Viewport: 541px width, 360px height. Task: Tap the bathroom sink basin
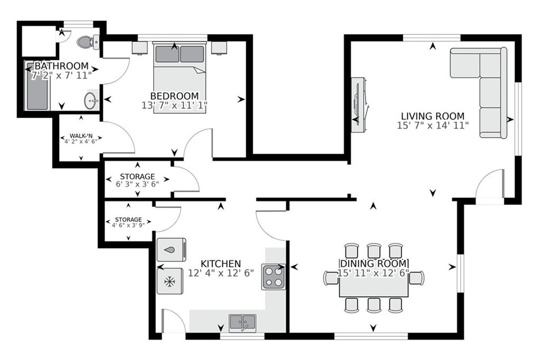[91, 100]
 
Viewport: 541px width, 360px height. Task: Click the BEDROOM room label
[174, 96]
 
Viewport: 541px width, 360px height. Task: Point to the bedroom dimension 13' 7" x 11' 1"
[174, 105]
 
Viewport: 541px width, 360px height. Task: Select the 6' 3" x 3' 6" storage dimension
[137, 185]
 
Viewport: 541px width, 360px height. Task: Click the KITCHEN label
[221, 263]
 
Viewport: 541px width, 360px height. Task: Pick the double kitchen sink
[242, 321]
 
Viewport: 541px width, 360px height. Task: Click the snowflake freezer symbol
[170, 282]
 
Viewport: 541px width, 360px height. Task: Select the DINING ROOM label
[374, 263]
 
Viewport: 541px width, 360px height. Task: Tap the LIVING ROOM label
[432, 116]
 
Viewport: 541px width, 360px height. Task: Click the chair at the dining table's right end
[417, 278]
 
